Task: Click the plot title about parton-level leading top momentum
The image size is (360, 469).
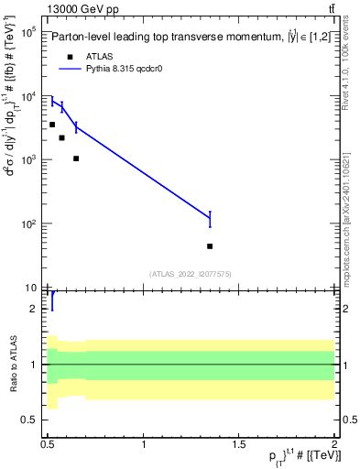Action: click(192, 38)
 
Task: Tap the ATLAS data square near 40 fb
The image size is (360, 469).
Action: click(210, 246)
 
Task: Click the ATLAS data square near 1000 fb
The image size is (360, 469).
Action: click(76, 158)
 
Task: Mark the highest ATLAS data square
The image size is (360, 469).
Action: click(52, 124)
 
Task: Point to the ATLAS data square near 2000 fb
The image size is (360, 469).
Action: click(61, 138)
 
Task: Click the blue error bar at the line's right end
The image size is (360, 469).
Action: click(210, 218)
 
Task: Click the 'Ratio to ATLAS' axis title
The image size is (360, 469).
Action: click(12, 364)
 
